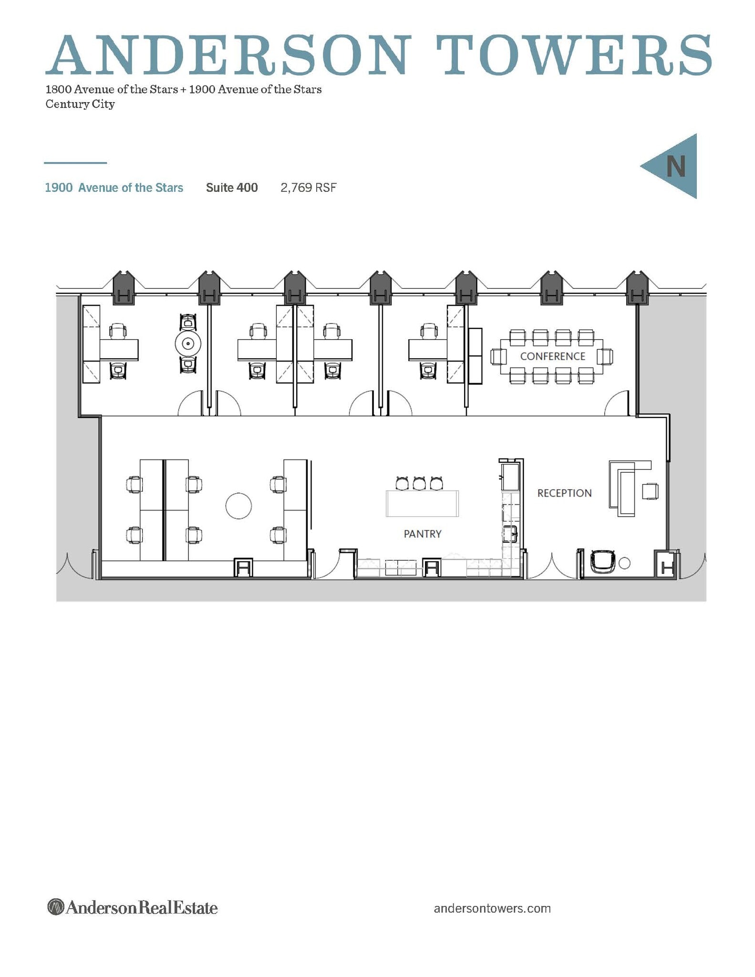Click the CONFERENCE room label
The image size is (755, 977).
pyautogui.click(x=552, y=356)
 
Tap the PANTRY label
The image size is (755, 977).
pyautogui.click(x=423, y=534)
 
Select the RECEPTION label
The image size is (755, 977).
pyautogui.click(x=564, y=493)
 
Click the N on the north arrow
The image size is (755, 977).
pyautogui.click(x=675, y=166)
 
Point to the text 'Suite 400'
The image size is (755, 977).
pyautogui.click(x=232, y=187)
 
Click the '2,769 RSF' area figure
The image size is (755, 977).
pyautogui.click(x=309, y=187)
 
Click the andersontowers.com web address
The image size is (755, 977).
pyautogui.click(x=492, y=908)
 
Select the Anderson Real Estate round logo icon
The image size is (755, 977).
pyautogui.click(x=56, y=907)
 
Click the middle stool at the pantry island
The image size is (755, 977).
pyautogui.click(x=419, y=483)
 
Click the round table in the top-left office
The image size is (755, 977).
pyautogui.click(x=188, y=343)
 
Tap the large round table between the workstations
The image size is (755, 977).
pyautogui.click(x=238, y=506)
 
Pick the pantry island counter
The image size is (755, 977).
pyautogui.click(x=422, y=504)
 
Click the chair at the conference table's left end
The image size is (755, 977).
pyautogui.click(x=498, y=356)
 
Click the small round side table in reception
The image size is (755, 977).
pyautogui.click(x=624, y=563)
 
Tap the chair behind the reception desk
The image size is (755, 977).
pyautogui.click(x=650, y=491)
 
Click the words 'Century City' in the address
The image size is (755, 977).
pyautogui.click(x=80, y=104)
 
